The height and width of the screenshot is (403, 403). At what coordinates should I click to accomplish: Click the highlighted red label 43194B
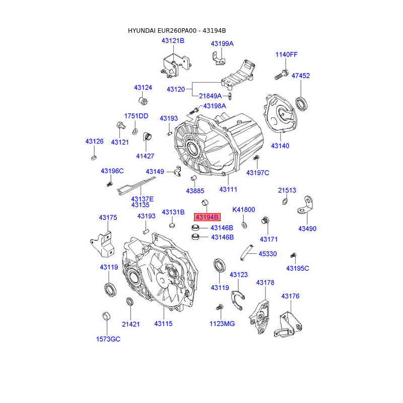207,218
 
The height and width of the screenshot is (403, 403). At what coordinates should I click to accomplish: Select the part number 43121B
173,40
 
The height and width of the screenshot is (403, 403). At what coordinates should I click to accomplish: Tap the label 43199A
222,43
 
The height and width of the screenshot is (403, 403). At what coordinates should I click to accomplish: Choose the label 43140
280,146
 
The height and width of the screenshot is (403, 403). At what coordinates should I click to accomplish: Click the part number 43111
228,189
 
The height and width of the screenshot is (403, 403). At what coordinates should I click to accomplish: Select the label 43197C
257,173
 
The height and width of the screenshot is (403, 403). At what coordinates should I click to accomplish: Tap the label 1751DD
137,116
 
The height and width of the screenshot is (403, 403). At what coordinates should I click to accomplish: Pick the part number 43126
94,142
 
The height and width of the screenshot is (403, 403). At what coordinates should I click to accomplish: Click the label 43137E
142,199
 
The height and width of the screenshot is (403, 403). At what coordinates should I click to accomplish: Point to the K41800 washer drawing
244,225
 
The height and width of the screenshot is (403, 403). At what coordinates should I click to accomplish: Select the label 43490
307,228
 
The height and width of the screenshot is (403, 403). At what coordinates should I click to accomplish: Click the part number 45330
267,254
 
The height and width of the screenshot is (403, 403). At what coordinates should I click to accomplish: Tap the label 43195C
297,268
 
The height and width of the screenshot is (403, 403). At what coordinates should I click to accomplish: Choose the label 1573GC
108,339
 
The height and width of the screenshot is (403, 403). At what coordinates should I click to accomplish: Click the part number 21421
130,324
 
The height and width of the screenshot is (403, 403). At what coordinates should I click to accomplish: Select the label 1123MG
222,323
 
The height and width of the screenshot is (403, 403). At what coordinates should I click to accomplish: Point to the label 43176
290,296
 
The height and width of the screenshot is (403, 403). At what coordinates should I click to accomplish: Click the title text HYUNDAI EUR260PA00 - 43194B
177,31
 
